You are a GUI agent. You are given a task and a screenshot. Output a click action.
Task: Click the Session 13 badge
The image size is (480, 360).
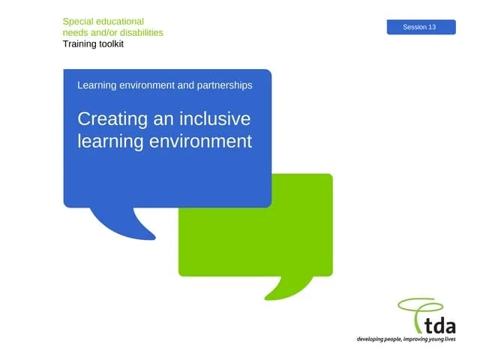(x=421, y=27)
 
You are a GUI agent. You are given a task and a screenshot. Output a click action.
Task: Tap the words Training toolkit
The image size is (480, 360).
(x=93, y=44)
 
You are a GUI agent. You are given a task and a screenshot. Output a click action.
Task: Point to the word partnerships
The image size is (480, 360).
(x=223, y=85)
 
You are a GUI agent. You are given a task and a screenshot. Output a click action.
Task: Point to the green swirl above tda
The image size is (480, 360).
(x=420, y=307)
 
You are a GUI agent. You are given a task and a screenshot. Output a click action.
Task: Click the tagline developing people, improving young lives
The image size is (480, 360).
(x=406, y=340)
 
